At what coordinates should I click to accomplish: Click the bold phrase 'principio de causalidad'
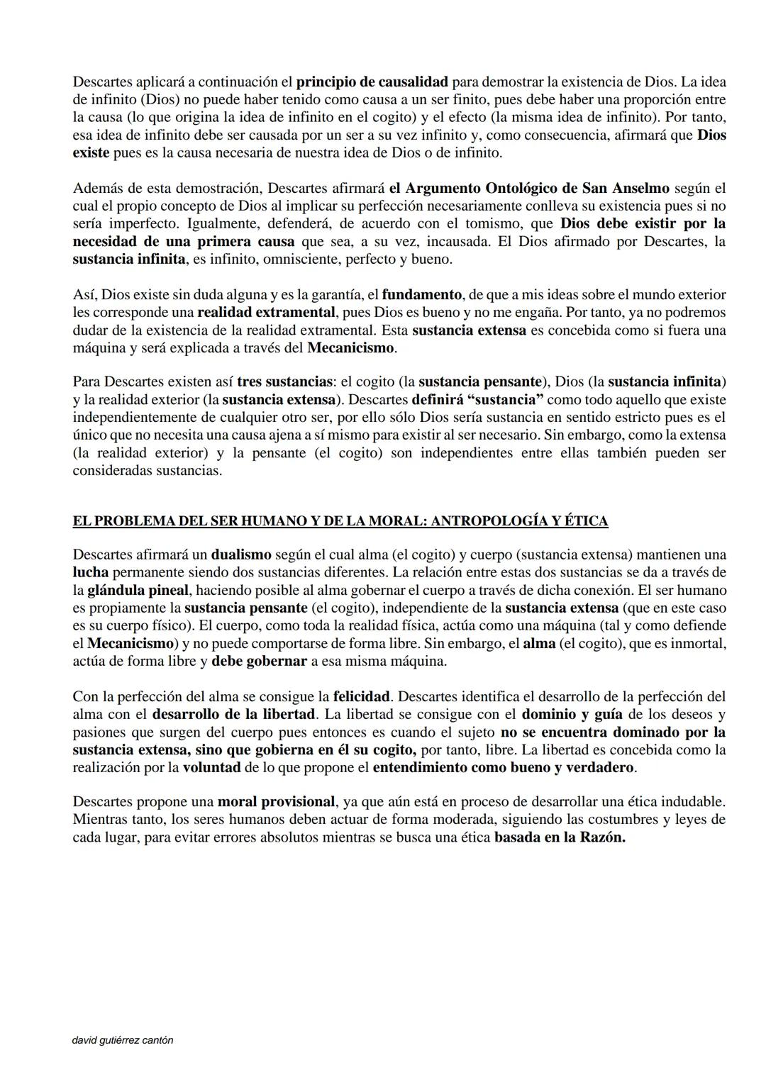pos(372,82)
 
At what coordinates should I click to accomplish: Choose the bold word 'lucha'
pos(90,572)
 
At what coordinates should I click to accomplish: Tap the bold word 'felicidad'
pos(361,696)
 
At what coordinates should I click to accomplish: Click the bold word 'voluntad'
pos(213,767)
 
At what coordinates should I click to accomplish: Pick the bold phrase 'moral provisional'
pos(276,802)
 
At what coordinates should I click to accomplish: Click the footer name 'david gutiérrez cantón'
pos(123,1040)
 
